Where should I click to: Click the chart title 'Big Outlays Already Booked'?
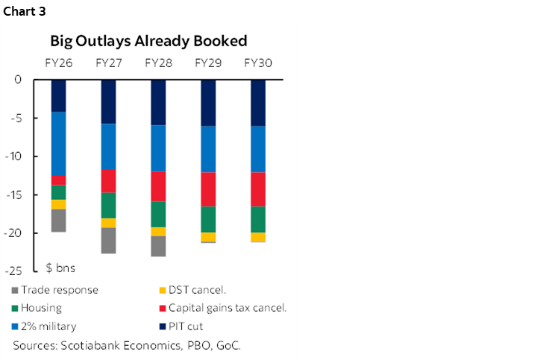148,40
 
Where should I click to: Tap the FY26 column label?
58,63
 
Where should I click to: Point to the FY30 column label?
257,63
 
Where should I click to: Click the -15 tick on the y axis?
20,195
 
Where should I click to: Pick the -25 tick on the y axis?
20,271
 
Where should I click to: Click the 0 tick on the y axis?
27,80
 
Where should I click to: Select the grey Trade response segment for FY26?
58,221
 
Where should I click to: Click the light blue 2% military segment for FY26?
58,143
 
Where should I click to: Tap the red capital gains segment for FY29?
207,189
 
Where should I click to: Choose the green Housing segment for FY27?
108,205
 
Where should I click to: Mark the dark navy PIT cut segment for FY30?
257,103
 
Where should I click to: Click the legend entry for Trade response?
60,290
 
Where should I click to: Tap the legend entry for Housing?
42,308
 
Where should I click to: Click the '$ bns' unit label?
60,267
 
